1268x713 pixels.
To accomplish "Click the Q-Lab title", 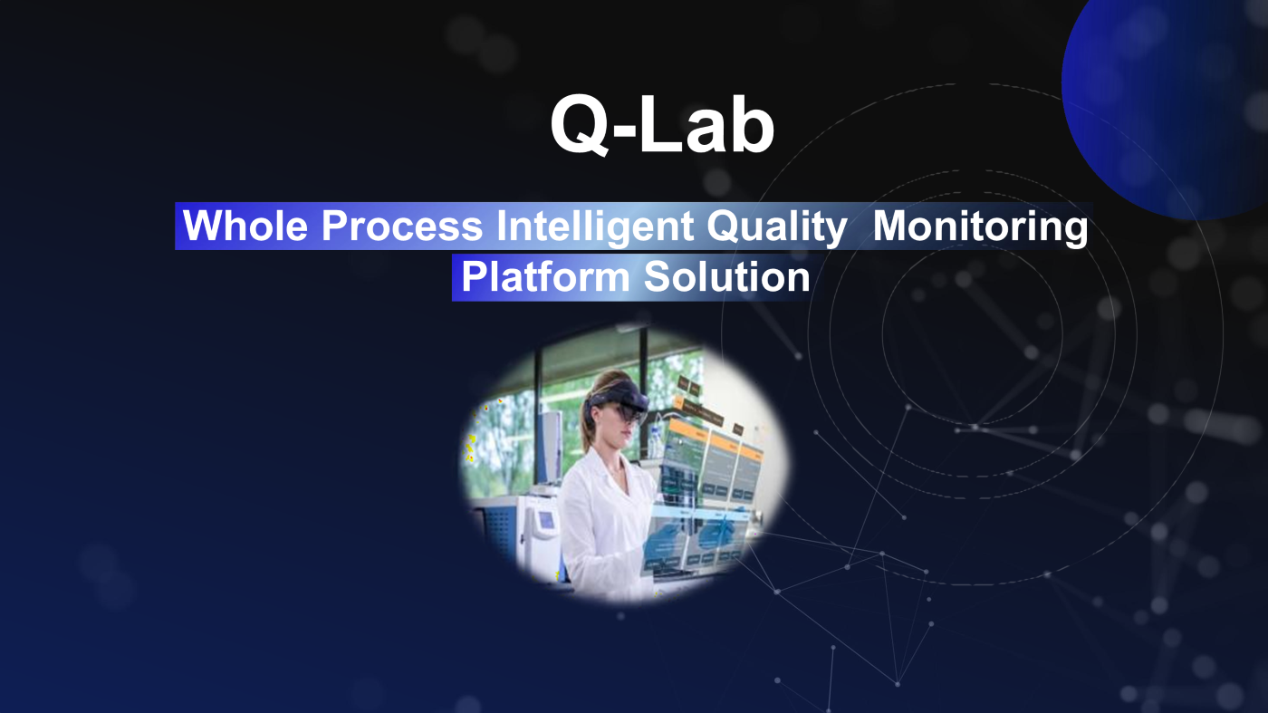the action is [x=662, y=125].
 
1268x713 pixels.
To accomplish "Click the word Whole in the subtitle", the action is [x=245, y=226].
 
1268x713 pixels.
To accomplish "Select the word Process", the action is [x=402, y=226].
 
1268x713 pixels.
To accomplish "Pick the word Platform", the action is [x=545, y=276].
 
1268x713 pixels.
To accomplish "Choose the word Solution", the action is [x=726, y=276].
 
